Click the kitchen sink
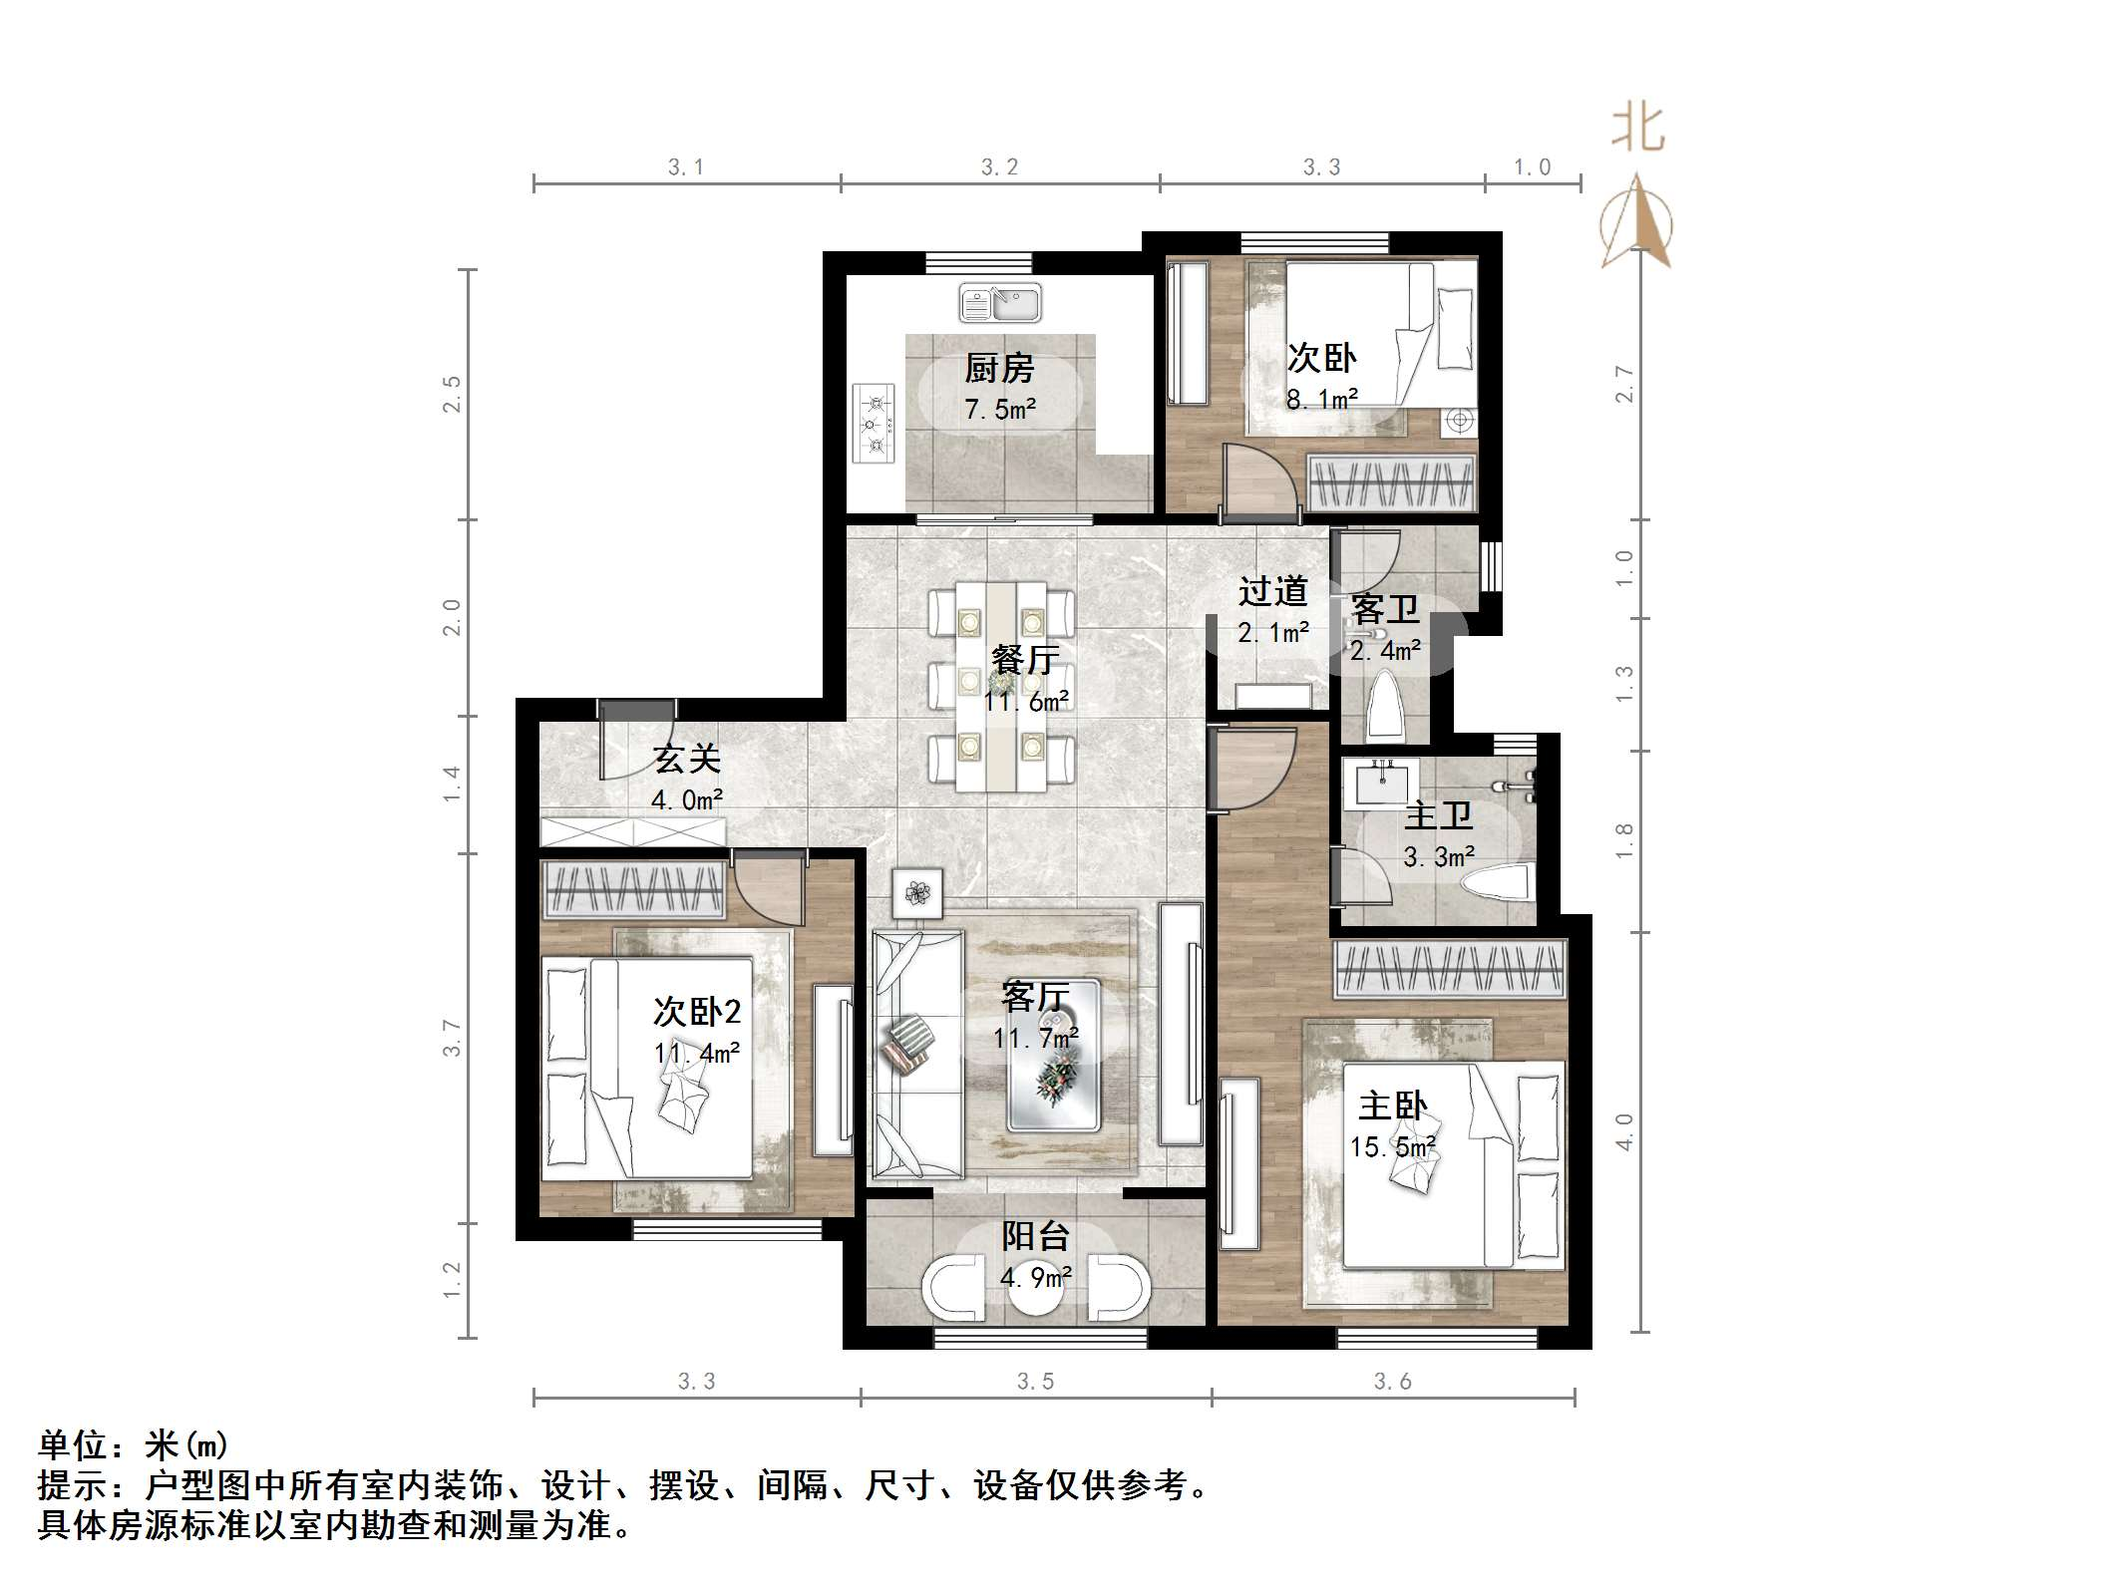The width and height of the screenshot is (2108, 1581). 1000,303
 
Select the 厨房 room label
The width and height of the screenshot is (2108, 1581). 999,369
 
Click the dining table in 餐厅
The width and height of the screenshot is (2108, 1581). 1001,688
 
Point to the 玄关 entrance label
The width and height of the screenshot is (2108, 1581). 687,760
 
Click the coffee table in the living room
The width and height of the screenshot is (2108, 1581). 1053,1056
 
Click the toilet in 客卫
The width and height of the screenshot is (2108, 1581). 1385,705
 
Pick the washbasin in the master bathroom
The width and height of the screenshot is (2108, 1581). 1381,784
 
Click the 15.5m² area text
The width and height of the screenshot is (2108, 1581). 1393,1147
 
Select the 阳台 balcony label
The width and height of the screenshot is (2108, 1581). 1035,1236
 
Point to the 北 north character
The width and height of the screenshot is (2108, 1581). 1638,130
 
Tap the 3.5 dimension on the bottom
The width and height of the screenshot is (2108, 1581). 1035,1381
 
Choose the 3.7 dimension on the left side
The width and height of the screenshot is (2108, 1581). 452,1038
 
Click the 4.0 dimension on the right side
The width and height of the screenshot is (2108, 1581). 1624,1132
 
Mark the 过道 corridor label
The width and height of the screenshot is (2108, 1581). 1272,591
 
